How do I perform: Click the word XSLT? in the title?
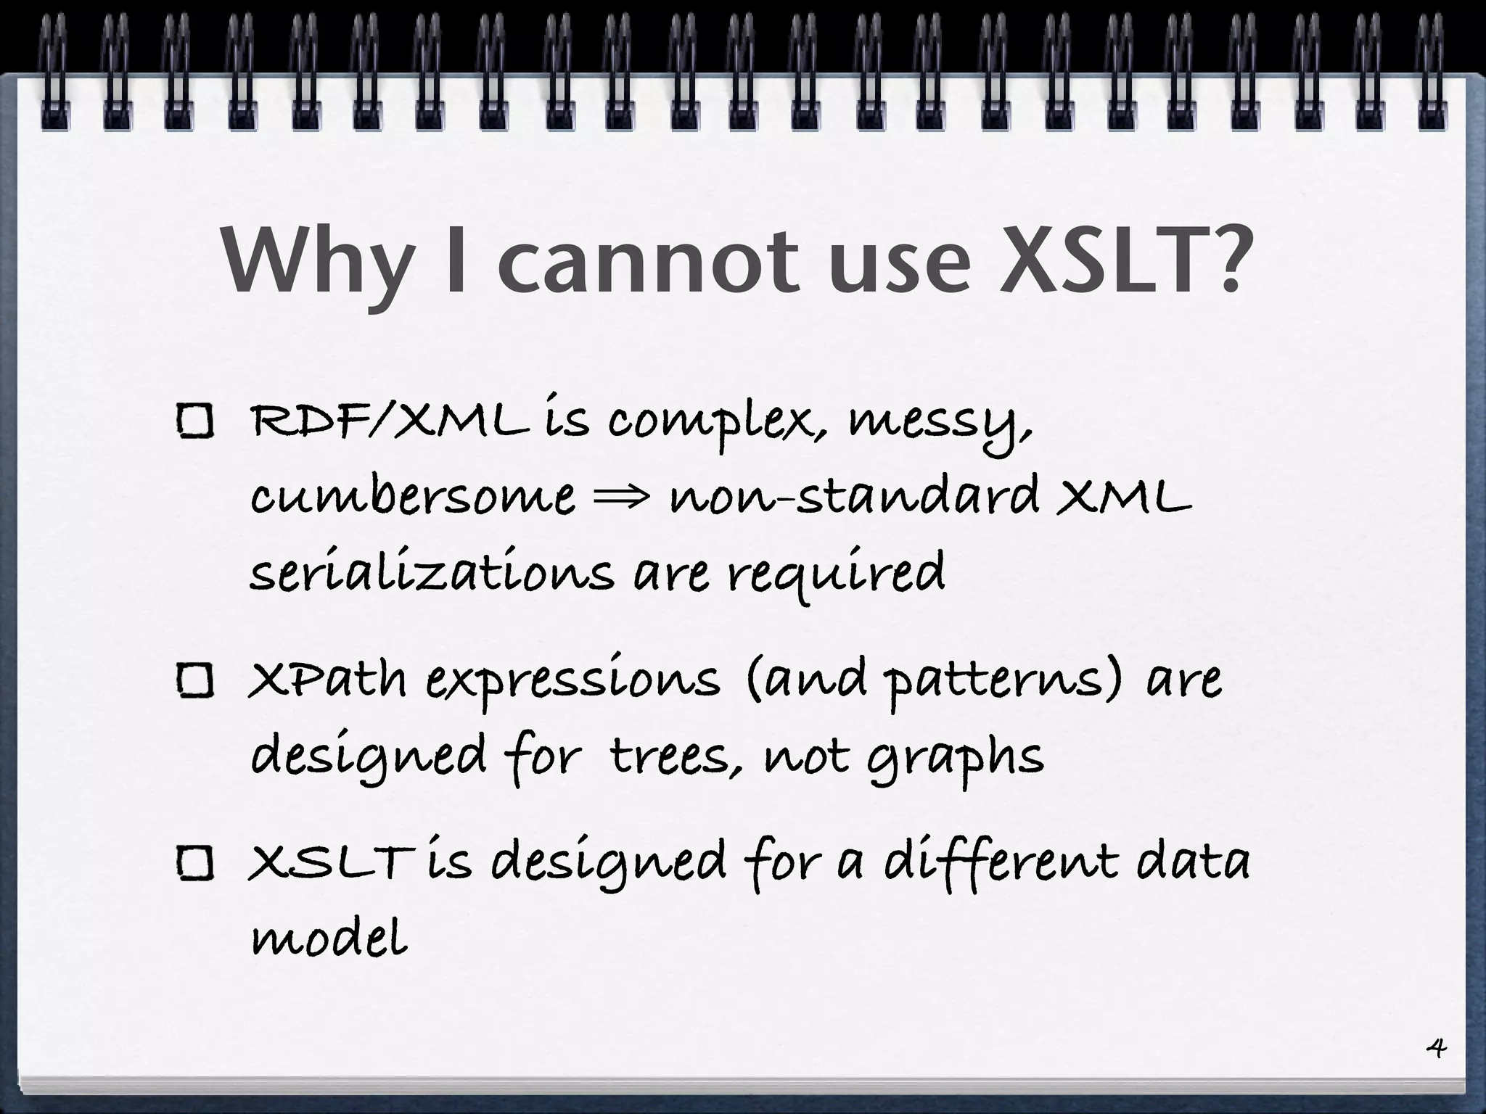(1124, 260)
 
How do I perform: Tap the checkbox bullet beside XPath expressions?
(194, 682)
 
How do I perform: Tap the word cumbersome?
(412, 497)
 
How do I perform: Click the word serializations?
(432, 572)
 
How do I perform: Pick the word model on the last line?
(328, 938)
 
